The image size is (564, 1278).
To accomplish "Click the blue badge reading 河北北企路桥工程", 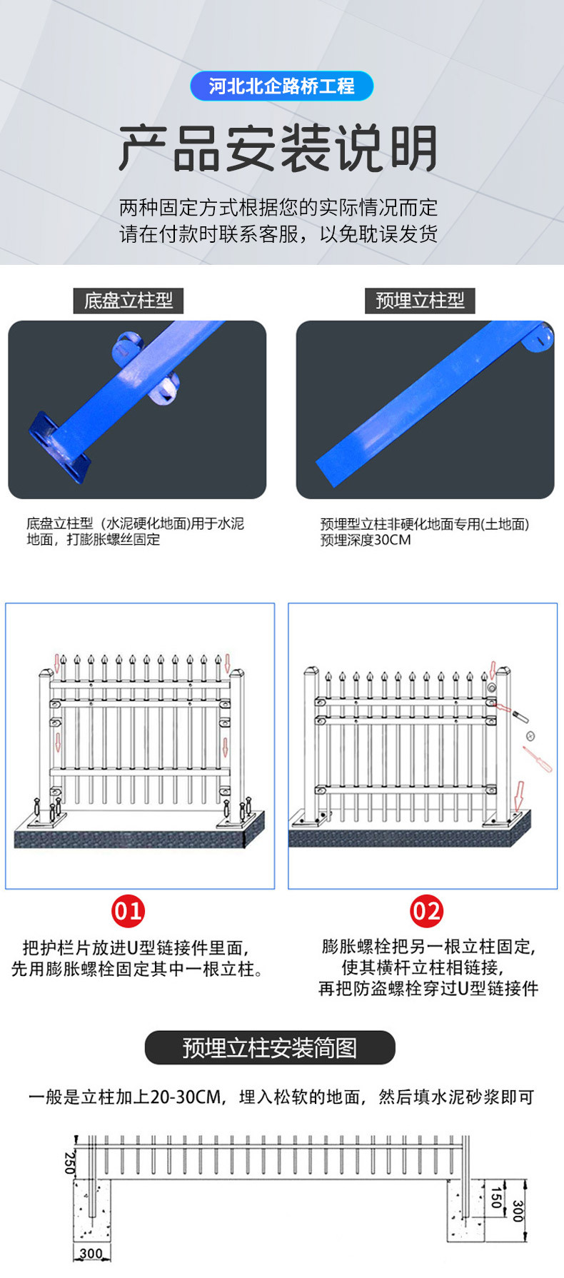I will point(281,86).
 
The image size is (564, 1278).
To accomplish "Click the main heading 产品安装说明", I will point(278,149).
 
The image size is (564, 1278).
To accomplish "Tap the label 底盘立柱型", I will point(129,301).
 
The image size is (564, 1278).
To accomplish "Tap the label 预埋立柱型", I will point(420,301).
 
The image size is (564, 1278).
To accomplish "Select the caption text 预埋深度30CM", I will point(366,540).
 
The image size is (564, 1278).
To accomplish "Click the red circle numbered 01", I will point(128,911).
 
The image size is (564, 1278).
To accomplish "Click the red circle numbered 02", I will point(426,911).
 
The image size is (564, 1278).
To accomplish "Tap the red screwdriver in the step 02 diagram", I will point(537,758).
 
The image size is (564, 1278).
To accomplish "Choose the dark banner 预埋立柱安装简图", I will point(270,1047).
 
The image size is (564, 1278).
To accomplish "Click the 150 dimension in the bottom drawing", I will point(496,1197).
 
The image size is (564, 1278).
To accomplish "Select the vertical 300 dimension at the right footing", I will point(518,1211).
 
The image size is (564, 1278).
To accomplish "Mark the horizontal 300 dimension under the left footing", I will point(91,1254).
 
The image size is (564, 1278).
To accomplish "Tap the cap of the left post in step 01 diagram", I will point(46,673).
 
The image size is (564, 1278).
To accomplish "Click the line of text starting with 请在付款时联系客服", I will point(278,233).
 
